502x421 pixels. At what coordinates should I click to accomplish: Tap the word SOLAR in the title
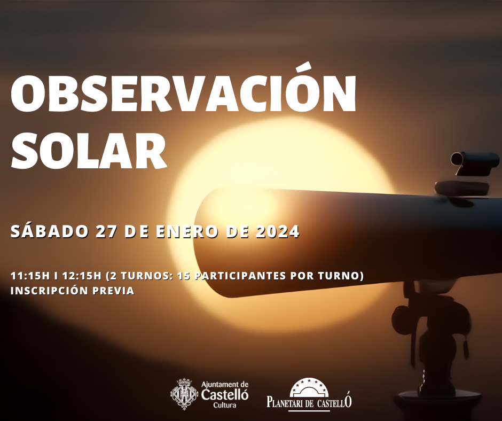click(89, 150)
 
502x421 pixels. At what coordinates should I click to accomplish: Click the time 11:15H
click(30, 276)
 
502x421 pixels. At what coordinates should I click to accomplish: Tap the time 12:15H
click(82, 276)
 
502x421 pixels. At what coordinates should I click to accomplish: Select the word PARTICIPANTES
click(240, 276)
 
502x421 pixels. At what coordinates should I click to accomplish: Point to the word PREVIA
click(113, 291)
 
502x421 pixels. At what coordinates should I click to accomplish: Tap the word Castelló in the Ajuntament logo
click(225, 395)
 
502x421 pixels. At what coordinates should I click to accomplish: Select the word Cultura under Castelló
click(225, 405)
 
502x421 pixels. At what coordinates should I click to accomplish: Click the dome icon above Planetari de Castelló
click(309, 387)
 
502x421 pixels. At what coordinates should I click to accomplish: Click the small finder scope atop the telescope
click(474, 163)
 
